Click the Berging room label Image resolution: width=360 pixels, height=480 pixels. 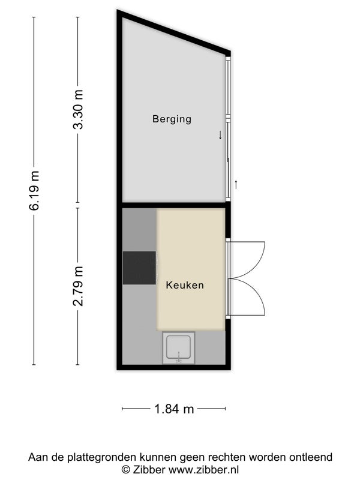click(x=172, y=119)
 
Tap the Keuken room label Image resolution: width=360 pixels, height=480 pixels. click(x=185, y=285)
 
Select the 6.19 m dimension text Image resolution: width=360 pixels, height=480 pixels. click(x=34, y=190)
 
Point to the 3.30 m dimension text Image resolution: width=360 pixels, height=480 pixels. click(x=78, y=109)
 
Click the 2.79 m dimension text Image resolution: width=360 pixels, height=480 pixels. click(x=78, y=286)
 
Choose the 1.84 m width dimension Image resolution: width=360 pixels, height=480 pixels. click(x=174, y=409)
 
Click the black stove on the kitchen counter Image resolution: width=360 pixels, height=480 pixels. click(x=139, y=268)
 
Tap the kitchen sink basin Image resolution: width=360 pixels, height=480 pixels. click(x=179, y=348)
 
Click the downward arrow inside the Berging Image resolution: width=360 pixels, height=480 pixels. click(x=220, y=135)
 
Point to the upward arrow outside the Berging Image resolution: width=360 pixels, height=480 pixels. click(x=236, y=185)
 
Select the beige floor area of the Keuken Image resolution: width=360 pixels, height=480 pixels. click(x=191, y=269)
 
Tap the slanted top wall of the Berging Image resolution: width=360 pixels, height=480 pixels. click(x=173, y=32)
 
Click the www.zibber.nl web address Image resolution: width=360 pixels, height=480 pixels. click(x=204, y=470)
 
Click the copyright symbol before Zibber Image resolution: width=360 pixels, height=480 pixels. click(x=125, y=470)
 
